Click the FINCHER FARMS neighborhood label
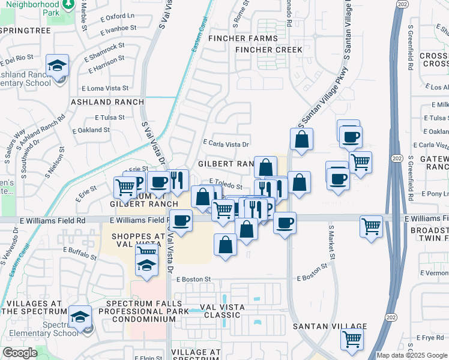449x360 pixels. coord(243,38)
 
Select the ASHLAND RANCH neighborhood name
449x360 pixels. coord(107,102)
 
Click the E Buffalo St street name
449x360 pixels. coord(80,253)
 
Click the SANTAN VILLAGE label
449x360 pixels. coord(330,326)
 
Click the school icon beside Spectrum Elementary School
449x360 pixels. coord(80,317)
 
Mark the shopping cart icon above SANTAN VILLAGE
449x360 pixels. coord(352,338)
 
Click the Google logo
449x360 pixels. coord(20,353)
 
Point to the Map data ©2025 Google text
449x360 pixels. coord(411,355)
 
